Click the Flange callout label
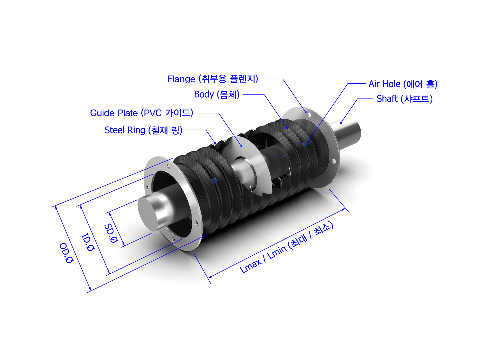point(213,79)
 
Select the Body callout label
point(217,94)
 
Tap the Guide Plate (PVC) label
point(142,113)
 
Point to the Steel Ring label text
point(143,130)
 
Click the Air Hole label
point(403,84)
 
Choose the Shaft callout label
point(405,99)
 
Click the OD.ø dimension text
point(66,253)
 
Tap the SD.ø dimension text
point(111,233)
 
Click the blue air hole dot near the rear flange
point(304,144)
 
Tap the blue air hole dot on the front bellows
point(215,181)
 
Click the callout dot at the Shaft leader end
point(341,123)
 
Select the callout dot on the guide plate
point(241,146)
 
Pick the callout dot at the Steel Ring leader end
point(215,143)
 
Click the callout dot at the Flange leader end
point(306,112)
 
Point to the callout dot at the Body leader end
point(287,128)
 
